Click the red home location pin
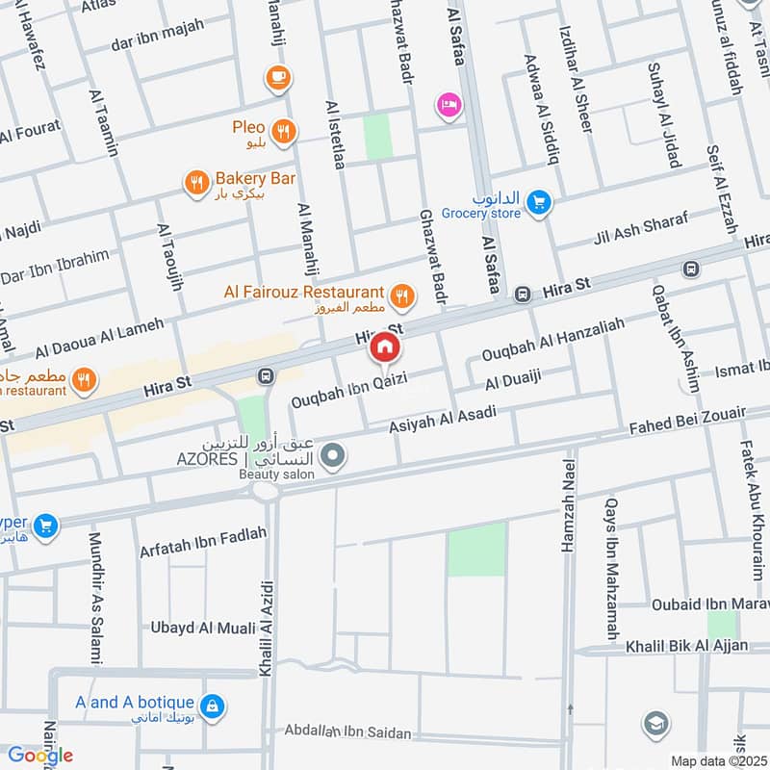tap(384, 348)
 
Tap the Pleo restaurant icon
tap(282, 132)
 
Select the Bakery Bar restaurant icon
tap(196, 181)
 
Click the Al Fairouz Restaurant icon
tap(401, 295)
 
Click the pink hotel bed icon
tap(448, 104)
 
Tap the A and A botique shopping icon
tap(213, 707)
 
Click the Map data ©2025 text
tap(718, 760)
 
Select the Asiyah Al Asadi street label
tap(442, 421)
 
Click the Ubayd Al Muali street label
tap(202, 628)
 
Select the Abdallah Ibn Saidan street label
tap(348, 733)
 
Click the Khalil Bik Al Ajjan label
tap(685, 645)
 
